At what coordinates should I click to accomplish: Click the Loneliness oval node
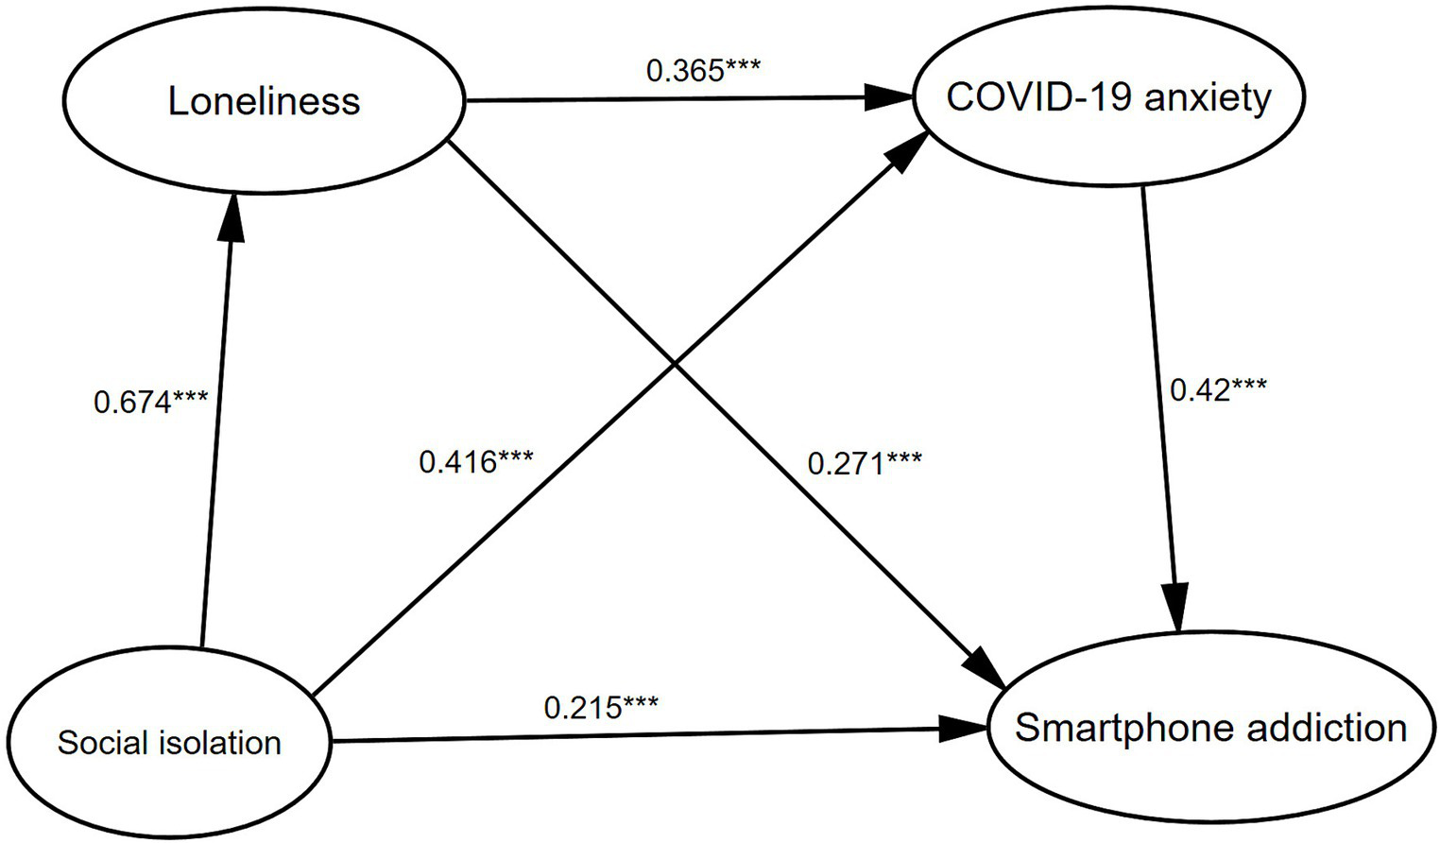pyautogui.click(x=264, y=101)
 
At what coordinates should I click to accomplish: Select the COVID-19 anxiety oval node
pyautogui.click(x=1108, y=97)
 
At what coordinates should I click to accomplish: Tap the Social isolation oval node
pyautogui.click(x=169, y=743)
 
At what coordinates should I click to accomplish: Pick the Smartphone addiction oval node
pyautogui.click(x=1210, y=729)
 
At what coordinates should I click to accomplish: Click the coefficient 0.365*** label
pyautogui.click(x=703, y=70)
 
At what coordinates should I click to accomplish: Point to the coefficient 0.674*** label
pyautogui.click(x=150, y=402)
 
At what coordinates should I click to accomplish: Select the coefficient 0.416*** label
pyautogui.click(x=476, y=462)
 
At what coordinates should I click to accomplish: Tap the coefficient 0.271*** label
pyautogui.click(x=865, y=463)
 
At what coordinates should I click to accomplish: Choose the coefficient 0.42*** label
pyautogui.click(x=1218, y=389)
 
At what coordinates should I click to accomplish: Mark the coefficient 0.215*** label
pyautogui.click(x=601, y=706)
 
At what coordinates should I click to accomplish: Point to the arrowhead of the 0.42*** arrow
pyautogui.click(x=1176, y=610)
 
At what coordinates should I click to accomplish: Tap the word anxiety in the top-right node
pyautogui.click(x=1209, y=97)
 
